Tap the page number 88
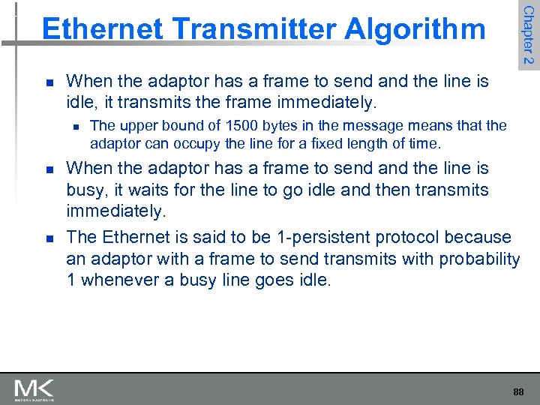point(518,391)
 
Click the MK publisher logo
point(34,389)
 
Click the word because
point(478,237)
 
